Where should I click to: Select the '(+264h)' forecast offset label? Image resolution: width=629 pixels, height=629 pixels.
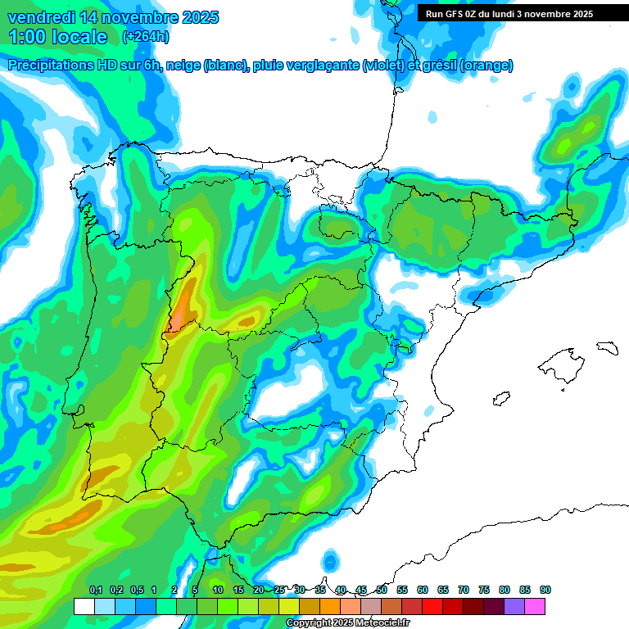pyautogui.click(x=145, y=37)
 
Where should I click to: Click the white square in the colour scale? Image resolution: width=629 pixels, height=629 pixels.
pyautogui.click(x=84, y=606)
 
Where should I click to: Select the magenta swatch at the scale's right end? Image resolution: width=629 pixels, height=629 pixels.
pyautogui.click(x=535, y=606)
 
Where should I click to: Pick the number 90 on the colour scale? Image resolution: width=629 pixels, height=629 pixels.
pyautogui.click(x=545, y=590)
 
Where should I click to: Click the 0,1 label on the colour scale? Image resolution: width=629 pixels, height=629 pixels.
pyautogui.click(x=95, y=590)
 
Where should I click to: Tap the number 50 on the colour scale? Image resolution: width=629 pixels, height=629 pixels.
pyautogui.click(x=382, y=590)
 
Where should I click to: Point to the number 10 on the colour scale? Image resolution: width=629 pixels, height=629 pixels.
pyautogui.click(x=218, y=590)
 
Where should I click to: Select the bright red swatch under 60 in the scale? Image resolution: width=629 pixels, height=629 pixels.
pyautogui.click(x=412, y=606)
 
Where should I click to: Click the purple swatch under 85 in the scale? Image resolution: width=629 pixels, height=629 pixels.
pyautogui.click(x=514, y=606)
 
